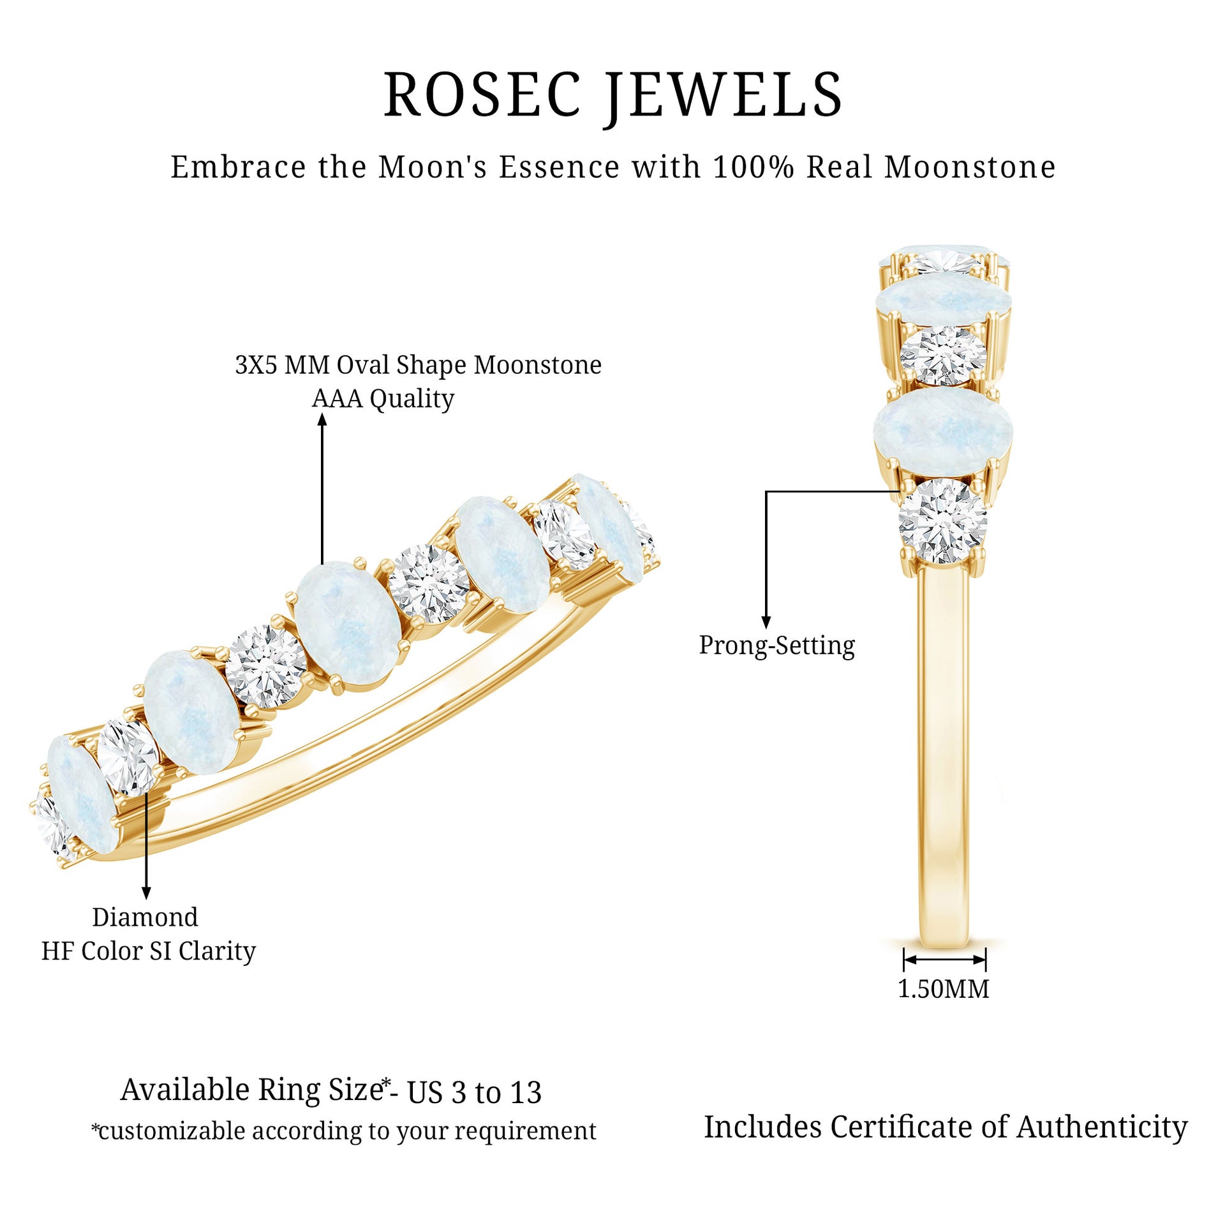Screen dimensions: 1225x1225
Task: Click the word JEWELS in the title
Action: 724,96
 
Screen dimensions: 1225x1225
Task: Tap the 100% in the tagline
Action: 754,167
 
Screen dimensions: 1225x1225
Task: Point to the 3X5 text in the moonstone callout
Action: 258,365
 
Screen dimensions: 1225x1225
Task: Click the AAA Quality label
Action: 383,399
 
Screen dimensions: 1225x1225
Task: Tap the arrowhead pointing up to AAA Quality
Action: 322,420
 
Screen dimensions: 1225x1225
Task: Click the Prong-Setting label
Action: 776,645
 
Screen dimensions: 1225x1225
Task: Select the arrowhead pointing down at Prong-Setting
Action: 766,623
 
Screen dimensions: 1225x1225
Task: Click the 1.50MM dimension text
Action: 943,989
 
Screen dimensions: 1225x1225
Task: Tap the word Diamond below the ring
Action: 145,917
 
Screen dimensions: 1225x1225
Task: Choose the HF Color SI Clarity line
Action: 149,951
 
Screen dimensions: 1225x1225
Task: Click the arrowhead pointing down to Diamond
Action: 146,893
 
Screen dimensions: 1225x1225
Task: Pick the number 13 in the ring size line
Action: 525,1092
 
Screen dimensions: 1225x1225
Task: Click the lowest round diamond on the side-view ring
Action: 942,521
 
